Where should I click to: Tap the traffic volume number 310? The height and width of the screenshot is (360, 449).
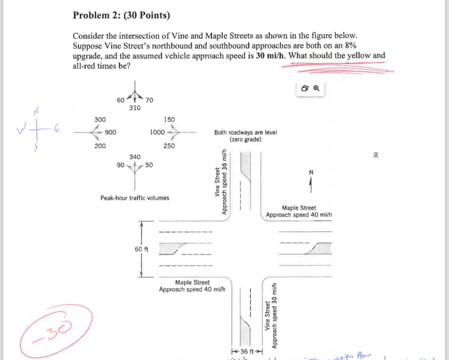[x=134, y=108]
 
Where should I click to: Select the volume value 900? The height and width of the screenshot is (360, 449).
[x=110, y=133]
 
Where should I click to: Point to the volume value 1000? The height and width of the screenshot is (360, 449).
[x=157, y=133]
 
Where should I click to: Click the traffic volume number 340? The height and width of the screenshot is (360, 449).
[x=135, y=157]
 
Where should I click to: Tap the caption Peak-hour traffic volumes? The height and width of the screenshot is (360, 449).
[x=134, y=198]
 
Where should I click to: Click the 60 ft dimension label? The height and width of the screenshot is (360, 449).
[x=141, y=249]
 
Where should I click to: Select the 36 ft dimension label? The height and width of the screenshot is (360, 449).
[x=248, y=351]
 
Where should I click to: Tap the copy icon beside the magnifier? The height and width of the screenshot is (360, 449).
[x=305, y=88]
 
